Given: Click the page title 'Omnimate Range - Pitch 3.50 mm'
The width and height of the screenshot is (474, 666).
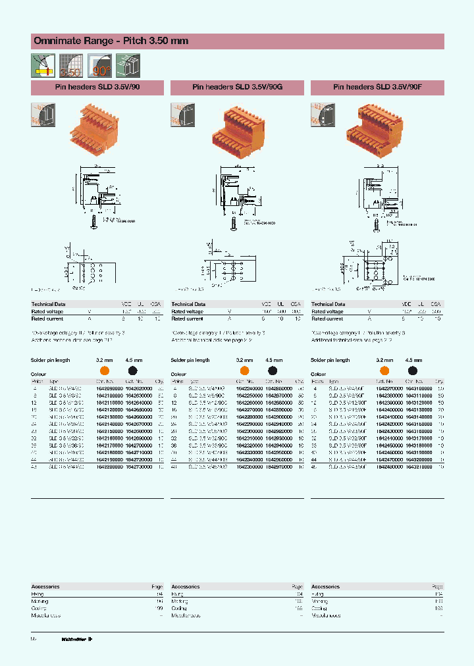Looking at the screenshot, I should pyautogui.click(x=111, y=41).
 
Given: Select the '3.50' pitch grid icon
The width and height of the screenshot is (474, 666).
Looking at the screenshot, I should pyautogui.click(x=70, y=65).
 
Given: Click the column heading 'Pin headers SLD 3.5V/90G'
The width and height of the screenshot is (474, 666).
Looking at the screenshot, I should pyautogui.click(x=237, y=87).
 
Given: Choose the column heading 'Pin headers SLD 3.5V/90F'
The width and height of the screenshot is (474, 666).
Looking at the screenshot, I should pyautogui.click(x=377, y=87).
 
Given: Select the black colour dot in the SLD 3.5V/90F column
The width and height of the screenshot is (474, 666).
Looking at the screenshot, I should pyautogui.click(x=413, y=371).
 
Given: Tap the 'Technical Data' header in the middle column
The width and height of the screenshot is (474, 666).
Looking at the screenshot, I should pyautogui.click(x=188, y=304).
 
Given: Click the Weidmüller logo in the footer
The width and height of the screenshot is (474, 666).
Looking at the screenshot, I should pyautogui.click(x=77, y=638).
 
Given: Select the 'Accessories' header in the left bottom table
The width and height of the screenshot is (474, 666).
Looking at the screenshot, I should pyautogui.click(x=45, y=586).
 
